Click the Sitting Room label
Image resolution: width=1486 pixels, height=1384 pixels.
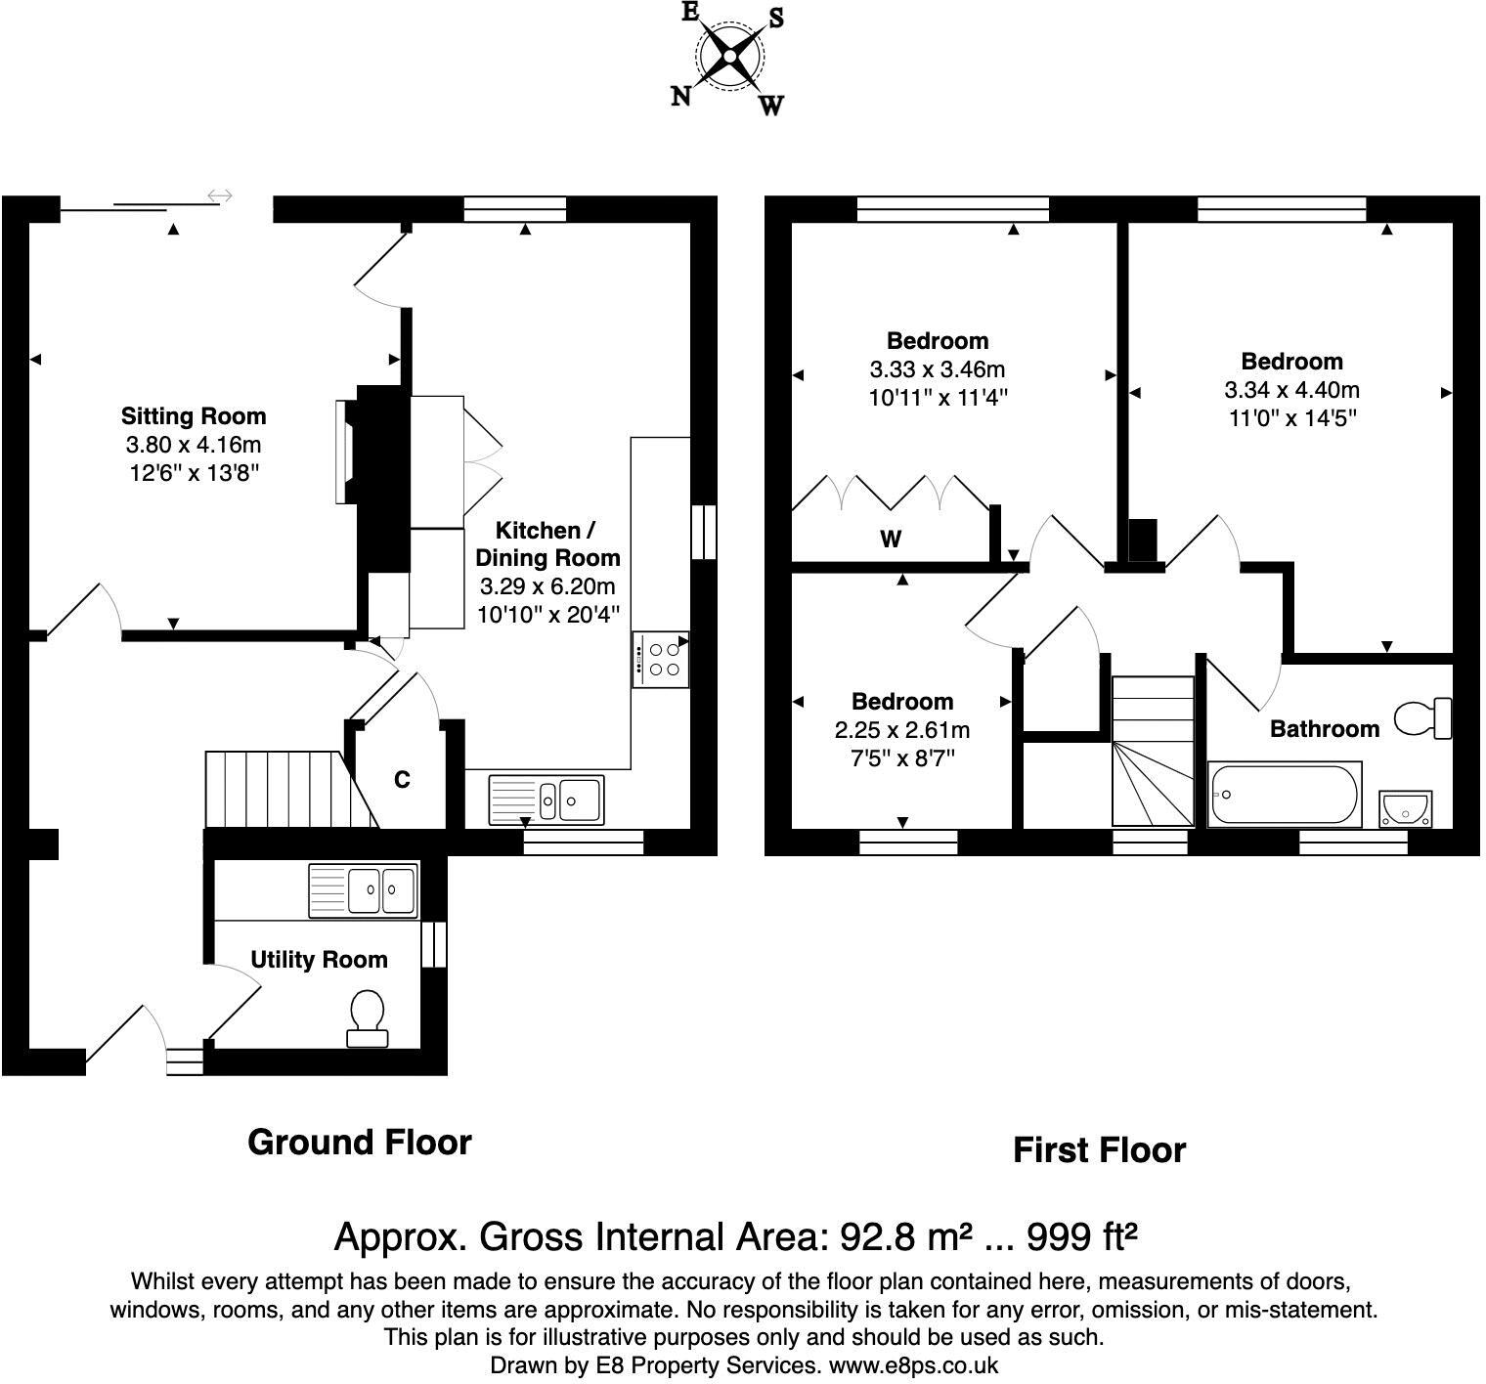click(x=194, y=416)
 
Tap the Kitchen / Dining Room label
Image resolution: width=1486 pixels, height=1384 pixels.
click(x=547, y=544)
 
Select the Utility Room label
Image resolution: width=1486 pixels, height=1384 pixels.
click(x=319, y=960)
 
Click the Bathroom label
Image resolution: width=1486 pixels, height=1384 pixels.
click(x=1325, y=728)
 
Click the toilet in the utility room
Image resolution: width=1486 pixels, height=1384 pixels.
click(x=367, y=1018)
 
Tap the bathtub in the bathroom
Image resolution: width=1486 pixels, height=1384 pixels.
click(x=1285, y=796)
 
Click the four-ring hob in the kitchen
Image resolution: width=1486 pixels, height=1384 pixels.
click(x=661, y=660)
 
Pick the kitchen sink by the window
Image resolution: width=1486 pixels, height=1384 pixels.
click(x=548, y=800)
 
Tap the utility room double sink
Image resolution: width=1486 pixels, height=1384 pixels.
click(x=364, y=890)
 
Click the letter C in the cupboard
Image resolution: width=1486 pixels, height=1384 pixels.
click(x=402, y=780)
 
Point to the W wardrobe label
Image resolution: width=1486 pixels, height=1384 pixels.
click(x=891, y=539)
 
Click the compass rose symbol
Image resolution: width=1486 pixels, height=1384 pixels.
click(x=729, y=58)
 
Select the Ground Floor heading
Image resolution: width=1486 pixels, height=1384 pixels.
click(x=360, y=1142)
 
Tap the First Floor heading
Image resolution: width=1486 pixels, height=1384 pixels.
click(x=1099, y=1150)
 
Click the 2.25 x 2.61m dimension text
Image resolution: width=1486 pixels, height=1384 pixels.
click(x=901, y=730)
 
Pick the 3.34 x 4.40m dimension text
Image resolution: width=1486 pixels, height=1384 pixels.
click(x=1292, y=390)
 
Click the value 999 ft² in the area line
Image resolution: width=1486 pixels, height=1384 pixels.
click(x=1081, y=1237)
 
